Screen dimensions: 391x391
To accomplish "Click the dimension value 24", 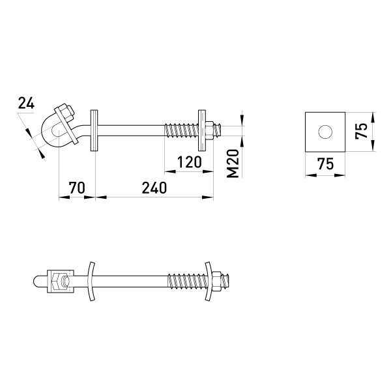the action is click(26, 103).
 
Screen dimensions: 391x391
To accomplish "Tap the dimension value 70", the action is click(77, 188).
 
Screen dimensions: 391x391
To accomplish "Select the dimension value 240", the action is click(154, 188).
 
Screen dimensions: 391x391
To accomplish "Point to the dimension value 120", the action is click(189, 162).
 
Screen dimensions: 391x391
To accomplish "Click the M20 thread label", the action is click(233, 164).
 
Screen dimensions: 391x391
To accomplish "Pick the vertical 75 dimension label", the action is click(362, 131).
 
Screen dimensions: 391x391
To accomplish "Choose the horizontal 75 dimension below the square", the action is click(325, 164).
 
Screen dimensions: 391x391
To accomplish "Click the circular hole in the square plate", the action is click(325, 132).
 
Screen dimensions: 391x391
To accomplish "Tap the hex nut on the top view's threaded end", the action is click(210, 131).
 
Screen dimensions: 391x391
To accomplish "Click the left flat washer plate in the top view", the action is click(94, 130).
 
